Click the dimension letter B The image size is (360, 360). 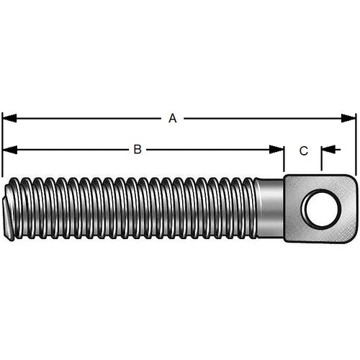coord(137,150)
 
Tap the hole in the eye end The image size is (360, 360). coord(318,209)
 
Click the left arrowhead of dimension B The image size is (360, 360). coord(8,150)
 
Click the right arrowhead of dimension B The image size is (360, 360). coord(279,150)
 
